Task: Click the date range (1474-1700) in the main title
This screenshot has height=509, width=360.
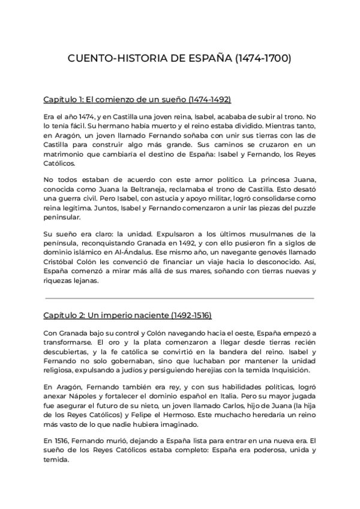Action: (264, 59)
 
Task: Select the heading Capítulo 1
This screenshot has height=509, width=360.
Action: (137, 99)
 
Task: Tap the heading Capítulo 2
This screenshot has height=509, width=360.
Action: (128, 315)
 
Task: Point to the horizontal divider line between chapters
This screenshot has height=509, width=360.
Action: (180, 297)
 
